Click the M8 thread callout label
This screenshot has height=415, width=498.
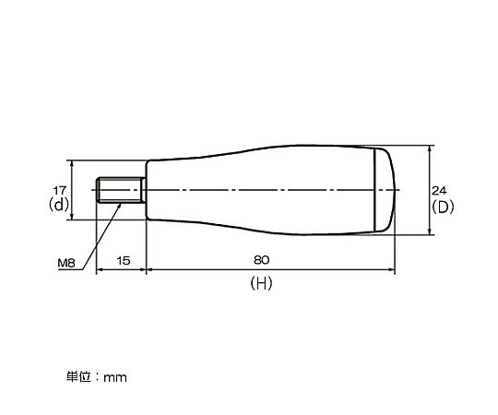(x=66, y=263)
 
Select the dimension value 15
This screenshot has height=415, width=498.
(x=124, y=261)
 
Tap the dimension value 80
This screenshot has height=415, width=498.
(x=261, y=260)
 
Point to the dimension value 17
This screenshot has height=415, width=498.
(x=60, y=191)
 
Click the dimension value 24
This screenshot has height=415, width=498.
(x=439, y=191)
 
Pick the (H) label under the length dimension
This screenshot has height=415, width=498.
(x=261, y=283)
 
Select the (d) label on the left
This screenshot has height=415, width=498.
(x=59, y=205)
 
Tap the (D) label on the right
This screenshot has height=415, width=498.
(x=443, y=207)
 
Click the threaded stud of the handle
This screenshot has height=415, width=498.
(x=119, y=190)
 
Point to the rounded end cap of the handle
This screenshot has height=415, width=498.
(x=385, y=190)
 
